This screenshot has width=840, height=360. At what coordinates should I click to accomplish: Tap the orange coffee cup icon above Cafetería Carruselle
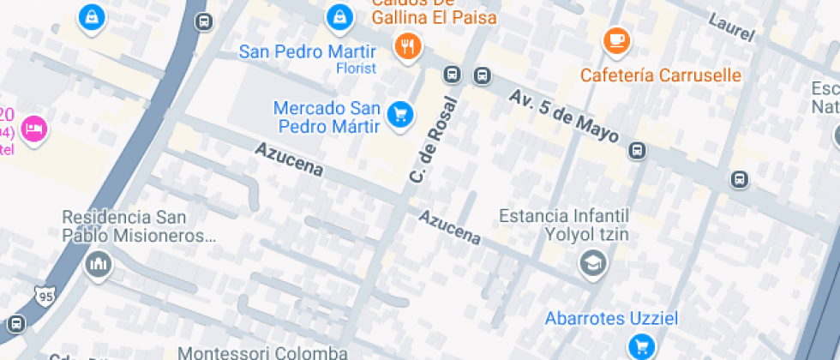615,40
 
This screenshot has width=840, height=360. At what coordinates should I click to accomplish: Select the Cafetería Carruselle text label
660,75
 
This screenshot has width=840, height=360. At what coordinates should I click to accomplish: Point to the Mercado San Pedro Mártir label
327,118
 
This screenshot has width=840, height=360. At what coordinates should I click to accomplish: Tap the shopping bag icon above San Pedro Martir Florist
340,15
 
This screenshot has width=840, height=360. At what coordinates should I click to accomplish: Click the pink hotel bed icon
34,129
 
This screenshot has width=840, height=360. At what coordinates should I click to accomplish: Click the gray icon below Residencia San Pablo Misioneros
99,263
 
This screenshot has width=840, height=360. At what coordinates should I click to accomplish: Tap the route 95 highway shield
45,296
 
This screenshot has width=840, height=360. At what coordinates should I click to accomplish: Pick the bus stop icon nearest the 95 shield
15,324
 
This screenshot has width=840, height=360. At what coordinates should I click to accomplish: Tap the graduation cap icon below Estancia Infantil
592,263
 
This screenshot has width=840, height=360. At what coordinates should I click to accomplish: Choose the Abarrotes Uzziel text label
611,319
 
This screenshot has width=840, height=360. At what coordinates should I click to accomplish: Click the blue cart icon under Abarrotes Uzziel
640,345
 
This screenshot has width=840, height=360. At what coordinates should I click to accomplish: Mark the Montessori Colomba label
262,352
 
